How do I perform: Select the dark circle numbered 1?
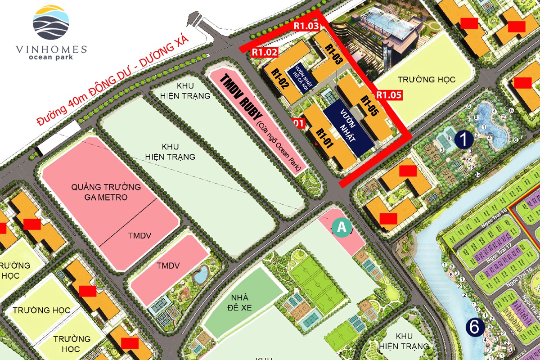tap(463, 139)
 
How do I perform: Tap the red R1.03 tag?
tap(306, 26)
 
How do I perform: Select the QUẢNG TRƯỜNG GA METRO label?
tap(106, 192)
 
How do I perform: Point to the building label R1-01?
tap(324, 138)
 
